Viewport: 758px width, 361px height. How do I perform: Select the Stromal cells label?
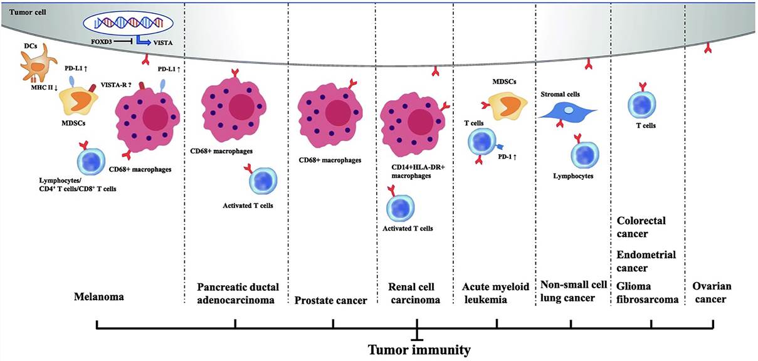pos(561,94)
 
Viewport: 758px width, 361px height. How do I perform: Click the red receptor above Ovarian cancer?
pos(707,48)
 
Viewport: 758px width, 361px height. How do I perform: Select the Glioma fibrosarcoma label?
pos(648,293)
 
